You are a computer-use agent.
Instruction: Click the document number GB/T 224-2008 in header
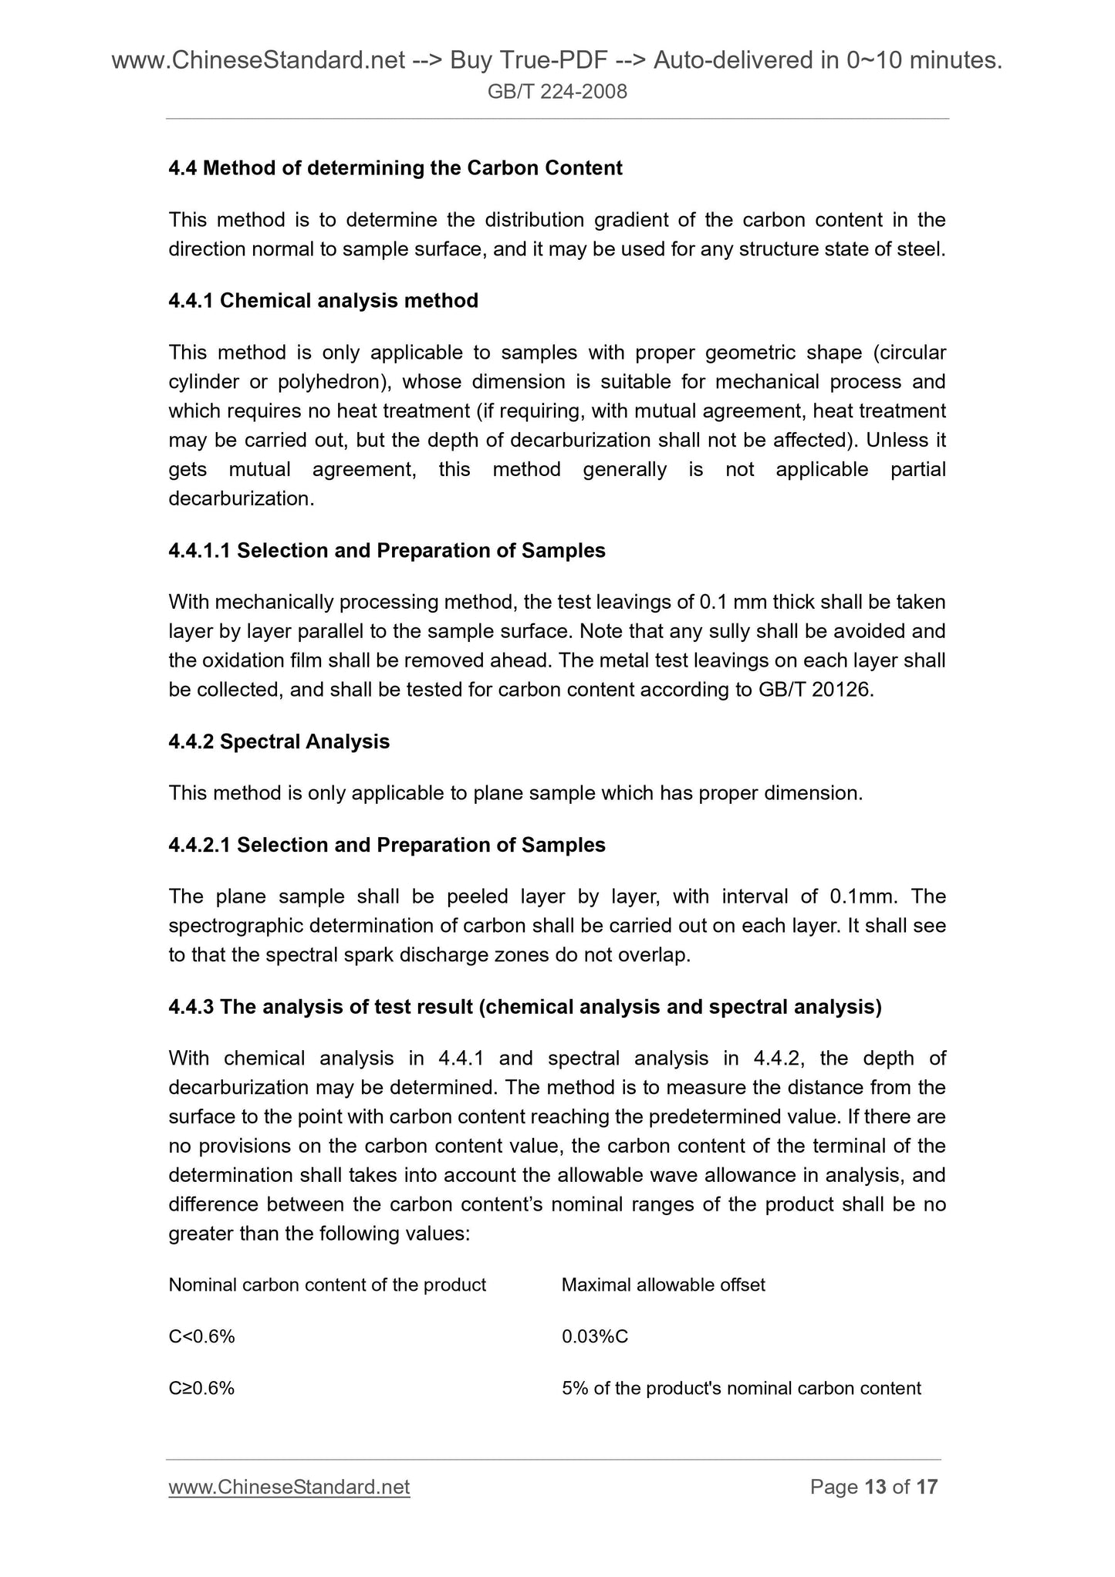click(557, 93)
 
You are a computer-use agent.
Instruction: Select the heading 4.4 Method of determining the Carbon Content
click(395, 168)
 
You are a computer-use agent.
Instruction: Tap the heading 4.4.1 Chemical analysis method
click(323, 301)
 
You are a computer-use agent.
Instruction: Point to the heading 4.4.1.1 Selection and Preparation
click(387, 551)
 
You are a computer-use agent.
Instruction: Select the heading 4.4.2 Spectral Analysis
click(279, 742)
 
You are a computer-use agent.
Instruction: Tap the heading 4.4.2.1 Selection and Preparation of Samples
click(387, 846)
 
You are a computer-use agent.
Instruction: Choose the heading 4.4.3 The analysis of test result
click(525, 1008)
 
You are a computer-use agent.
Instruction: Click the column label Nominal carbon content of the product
click(327, 1285)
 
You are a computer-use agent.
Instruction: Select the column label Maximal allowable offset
click(664, 1285)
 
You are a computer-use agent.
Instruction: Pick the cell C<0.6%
click(202, 1336)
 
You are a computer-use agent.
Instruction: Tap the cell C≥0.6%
click(202, 1388)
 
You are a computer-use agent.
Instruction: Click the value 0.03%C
click(595, 1336)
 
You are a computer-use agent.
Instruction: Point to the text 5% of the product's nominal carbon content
click(742, 1388)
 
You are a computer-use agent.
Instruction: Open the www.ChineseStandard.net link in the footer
click(289, 1487)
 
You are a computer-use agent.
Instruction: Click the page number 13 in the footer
click(876, 1487)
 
